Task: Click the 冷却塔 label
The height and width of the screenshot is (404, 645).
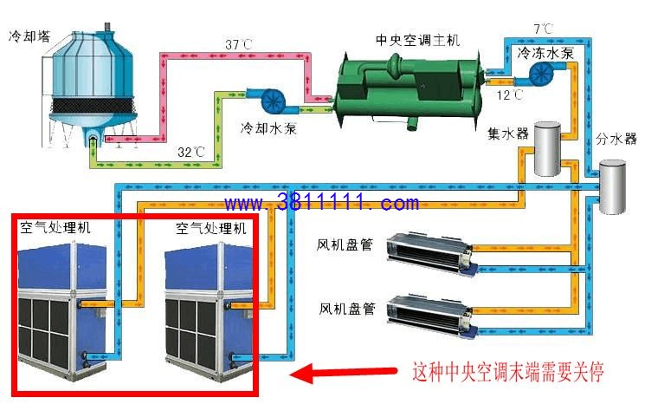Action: point(29,36)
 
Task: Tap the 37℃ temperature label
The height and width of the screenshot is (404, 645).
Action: point(239,43)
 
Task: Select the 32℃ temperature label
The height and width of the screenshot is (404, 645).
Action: point(190,152)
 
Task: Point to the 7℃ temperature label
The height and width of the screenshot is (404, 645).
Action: point(543,29)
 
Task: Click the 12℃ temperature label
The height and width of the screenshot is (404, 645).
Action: point(510,95)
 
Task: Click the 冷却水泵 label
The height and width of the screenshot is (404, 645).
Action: point(268,128)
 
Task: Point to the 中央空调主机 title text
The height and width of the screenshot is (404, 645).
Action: point(417,40)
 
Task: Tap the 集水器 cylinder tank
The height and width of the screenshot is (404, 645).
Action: point(547,148)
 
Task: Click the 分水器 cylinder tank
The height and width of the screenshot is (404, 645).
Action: point(612,187)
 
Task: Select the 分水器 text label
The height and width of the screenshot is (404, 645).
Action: point(616,139)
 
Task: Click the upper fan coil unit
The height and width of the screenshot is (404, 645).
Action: point(431,255)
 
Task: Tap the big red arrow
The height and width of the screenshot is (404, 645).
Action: point(344,373)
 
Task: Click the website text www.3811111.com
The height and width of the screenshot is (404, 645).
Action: point(322,202)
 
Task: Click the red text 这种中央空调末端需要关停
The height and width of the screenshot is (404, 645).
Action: point(508,372)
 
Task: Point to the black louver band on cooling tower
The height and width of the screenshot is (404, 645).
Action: point(93,107)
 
